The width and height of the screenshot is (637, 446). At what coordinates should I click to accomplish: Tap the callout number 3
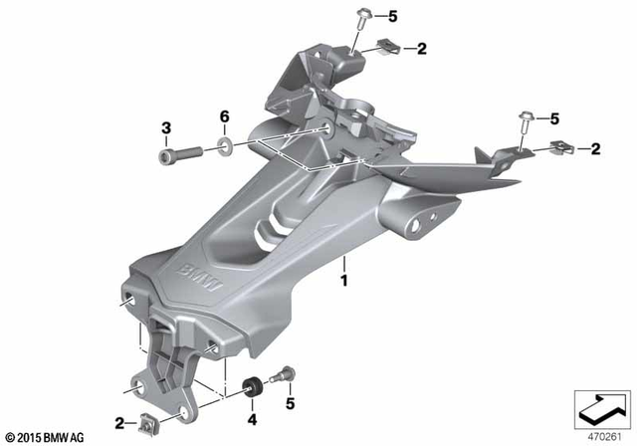tap(167, 126)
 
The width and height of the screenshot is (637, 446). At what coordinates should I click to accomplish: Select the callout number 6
tap(225, 117)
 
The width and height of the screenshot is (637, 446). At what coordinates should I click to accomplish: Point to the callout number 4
tap(252, 407)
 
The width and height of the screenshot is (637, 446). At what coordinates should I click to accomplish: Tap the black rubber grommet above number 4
tap(254, 383)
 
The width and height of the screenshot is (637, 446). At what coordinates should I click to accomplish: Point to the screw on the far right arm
tap(525, 121)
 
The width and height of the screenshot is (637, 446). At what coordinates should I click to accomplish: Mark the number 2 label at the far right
tap(594, 149)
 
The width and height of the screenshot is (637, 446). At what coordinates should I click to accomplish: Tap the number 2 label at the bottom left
tap(118, 423)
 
